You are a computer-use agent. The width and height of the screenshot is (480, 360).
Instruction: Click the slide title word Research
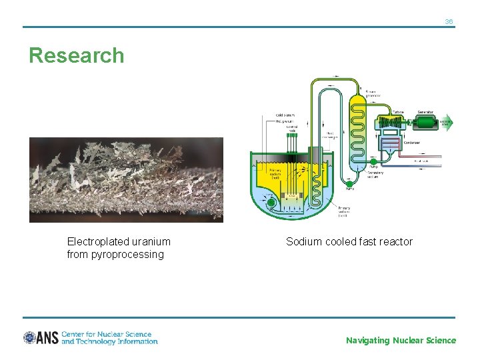pyautogui.click(x=77, y=55)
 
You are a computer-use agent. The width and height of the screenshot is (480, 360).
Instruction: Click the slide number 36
pyautogui.click(x=449, y=22)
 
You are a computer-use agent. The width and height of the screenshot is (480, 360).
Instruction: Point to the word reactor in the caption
pyautogui.click(x=395, y=241)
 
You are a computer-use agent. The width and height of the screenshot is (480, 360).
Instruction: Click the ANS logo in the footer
pyautogui.click(x=41, y=338)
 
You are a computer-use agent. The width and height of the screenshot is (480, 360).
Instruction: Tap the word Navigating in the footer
pyautogui.click(x=367, y=341)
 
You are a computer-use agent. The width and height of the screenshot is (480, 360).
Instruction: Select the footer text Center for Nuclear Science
pyautogui.click(x=107, y=334)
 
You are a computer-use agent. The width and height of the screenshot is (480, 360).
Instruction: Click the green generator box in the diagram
pyautogui.click(x=425, y=122)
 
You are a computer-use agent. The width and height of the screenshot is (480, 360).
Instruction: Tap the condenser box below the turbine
pyautogui.click(x=389, y=145)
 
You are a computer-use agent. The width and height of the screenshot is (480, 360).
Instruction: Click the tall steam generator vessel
pyautogui.click(x=358, y=130)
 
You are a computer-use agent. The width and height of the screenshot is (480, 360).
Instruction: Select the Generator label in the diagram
pyautogui.click(x=425, y=112)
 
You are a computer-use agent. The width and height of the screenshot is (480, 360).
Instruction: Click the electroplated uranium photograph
pyautogui.click(x=126, y=179)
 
